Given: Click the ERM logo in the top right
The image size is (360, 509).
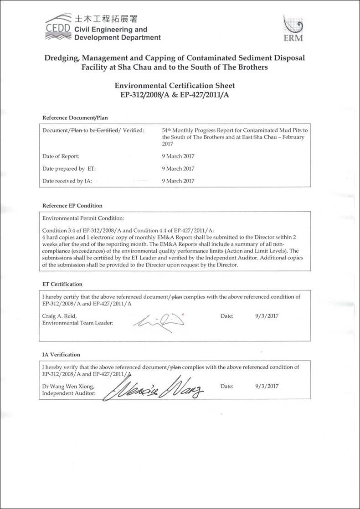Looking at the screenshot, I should coord(293,28).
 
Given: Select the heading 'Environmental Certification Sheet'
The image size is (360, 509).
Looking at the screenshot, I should coord(175,85).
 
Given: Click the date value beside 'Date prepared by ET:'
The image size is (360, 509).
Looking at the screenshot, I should coord(178,168).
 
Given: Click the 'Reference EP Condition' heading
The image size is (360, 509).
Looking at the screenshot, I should coord(72,205).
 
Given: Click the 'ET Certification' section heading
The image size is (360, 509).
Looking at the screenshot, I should coord(62,284).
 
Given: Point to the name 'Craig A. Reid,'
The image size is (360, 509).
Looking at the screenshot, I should coord(59,316).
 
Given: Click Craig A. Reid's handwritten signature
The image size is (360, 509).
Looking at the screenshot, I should coord(159,320).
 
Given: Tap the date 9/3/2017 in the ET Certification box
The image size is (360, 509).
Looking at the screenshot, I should coord(267,316).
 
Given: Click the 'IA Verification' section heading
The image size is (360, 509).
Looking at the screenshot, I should coord(61,355).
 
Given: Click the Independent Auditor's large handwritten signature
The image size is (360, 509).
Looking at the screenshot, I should coord(154,388).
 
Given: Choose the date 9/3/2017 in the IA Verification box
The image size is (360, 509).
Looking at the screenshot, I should coord(267,387).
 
